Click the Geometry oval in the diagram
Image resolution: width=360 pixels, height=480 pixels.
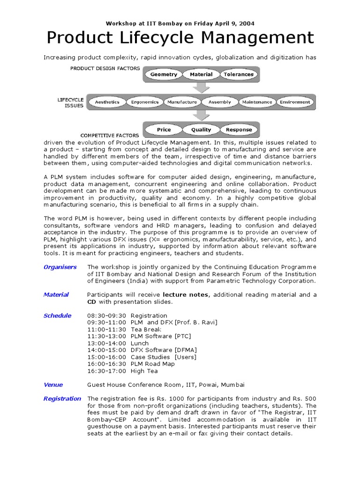pos(164,75)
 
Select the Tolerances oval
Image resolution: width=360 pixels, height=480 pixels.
pos(239,75)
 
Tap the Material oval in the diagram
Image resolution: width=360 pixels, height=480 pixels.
pos(201,75)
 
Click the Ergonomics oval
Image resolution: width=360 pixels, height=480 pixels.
pos(145,102)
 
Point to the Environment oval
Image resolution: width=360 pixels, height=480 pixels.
pos(295,102)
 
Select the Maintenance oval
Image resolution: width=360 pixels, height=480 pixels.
pos(257,102)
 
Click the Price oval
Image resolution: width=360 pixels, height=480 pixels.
pos(164,130)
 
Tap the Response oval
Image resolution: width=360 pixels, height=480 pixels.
pos(239,130)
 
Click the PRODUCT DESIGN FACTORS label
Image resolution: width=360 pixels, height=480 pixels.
pos(105,68)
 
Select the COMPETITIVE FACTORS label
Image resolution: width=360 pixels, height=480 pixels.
pos(110,135)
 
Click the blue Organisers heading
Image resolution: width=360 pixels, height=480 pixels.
pos(60,267)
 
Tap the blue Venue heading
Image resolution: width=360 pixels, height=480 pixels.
pos(53,385)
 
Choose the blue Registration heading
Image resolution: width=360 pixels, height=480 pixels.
pos(62,399)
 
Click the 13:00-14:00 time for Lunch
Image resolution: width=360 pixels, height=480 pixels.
pos(106,343)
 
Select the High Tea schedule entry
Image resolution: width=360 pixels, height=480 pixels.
pos(144,371)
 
